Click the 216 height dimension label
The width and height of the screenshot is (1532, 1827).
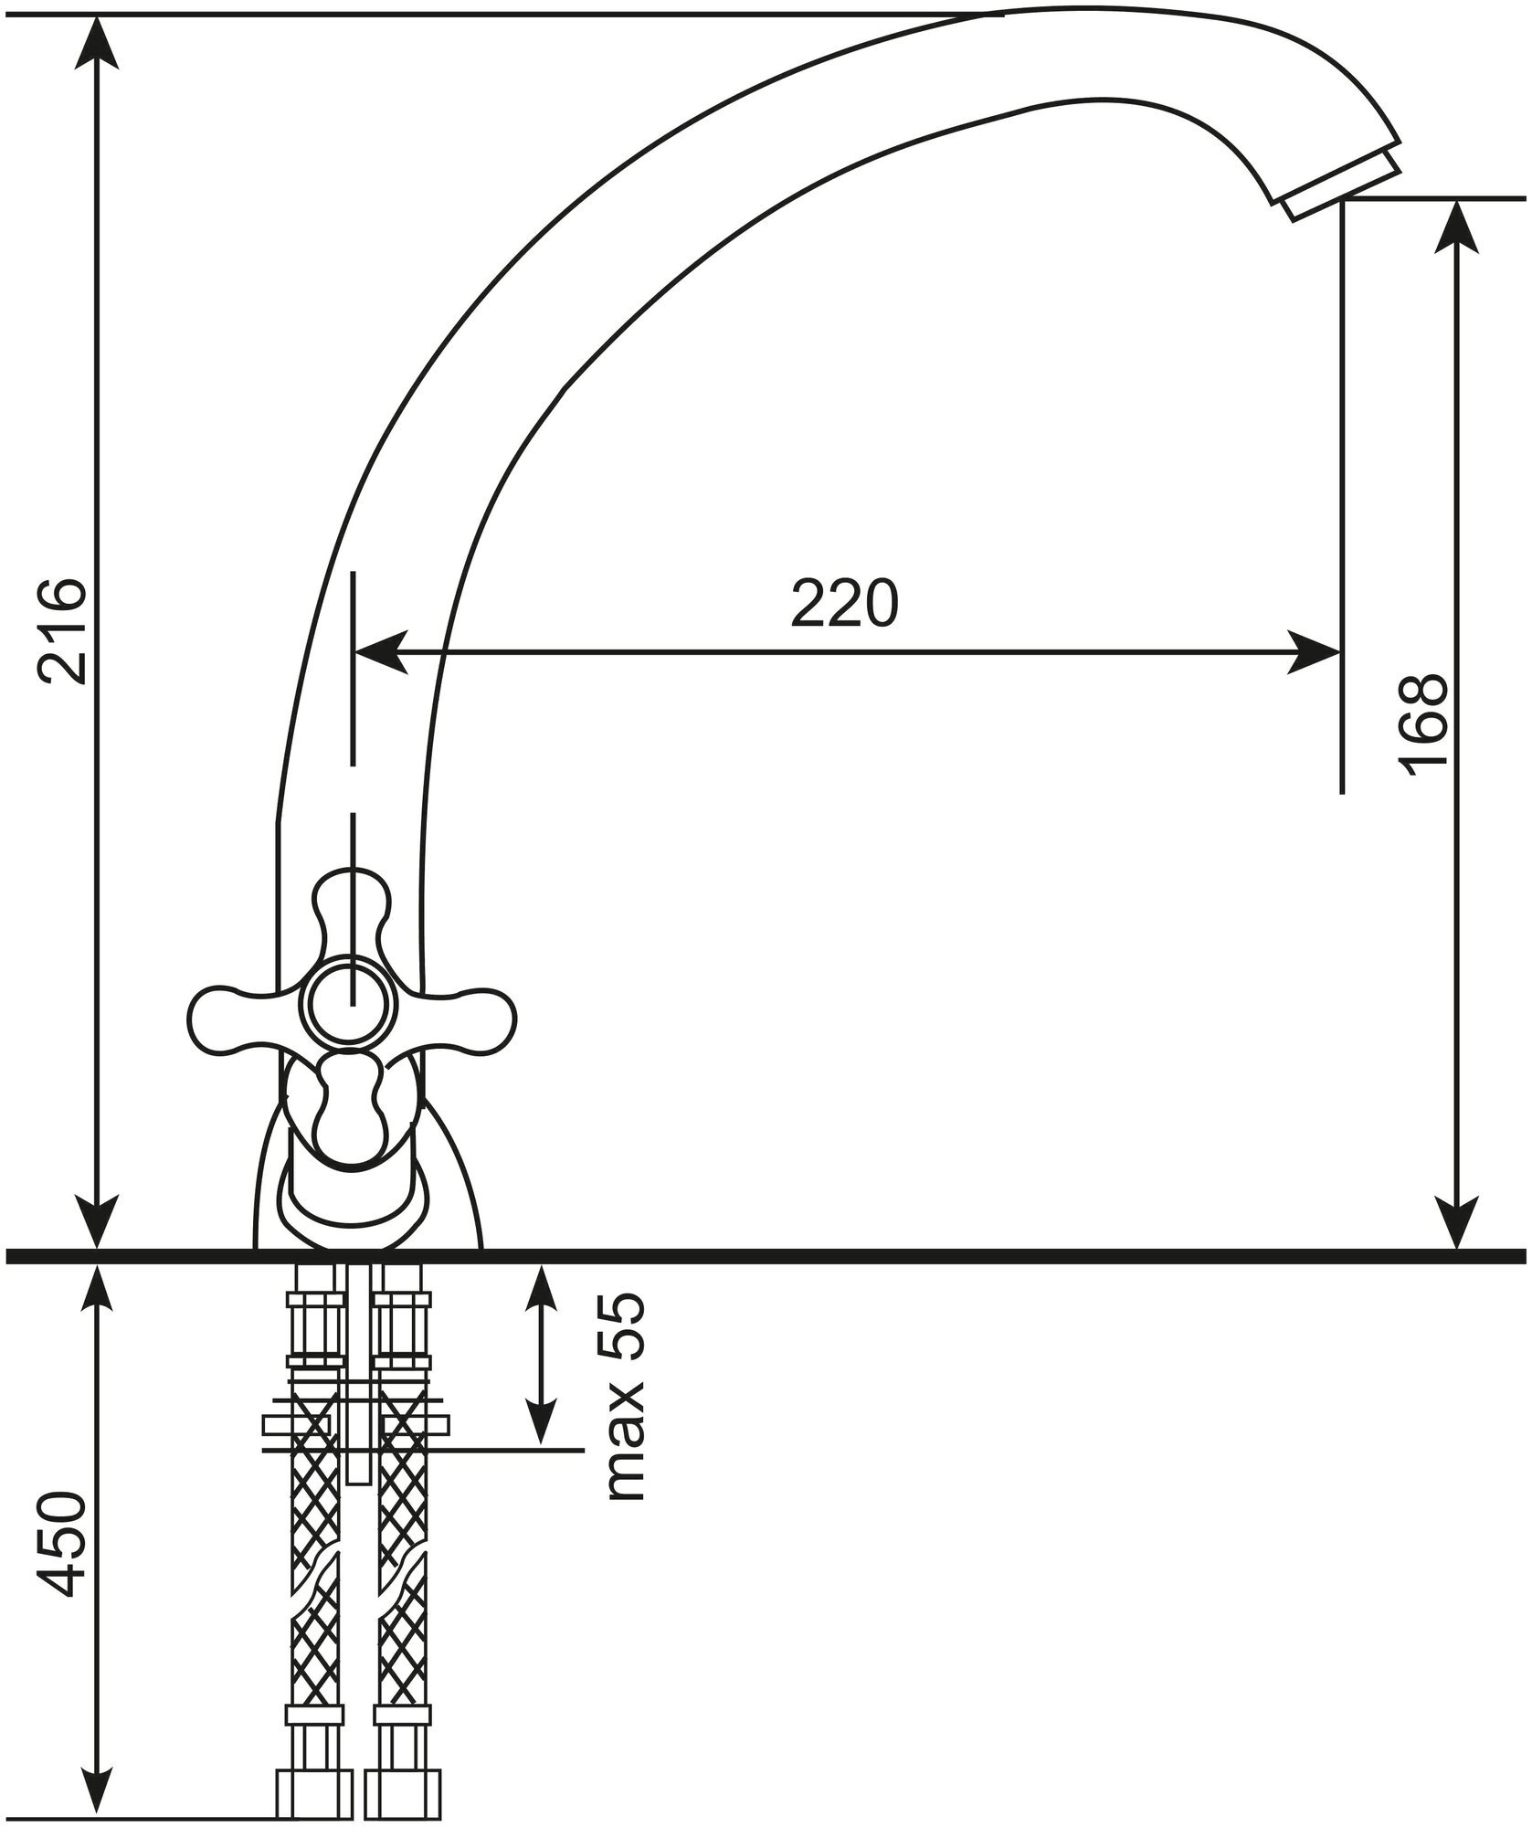[62, 630]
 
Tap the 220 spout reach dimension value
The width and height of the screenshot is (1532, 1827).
[845, 603]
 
